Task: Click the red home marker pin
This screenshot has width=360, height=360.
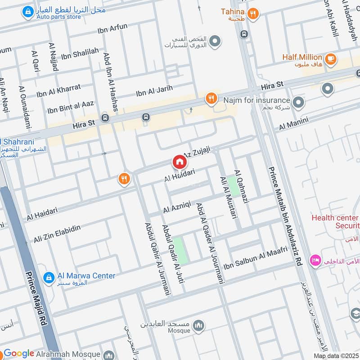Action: pos(179,162)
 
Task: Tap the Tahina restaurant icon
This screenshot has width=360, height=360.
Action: pos(252,14)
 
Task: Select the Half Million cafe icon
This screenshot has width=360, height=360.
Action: pos(330,59)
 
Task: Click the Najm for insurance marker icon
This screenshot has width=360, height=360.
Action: pos(298,103)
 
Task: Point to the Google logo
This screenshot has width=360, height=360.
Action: pos(19,354)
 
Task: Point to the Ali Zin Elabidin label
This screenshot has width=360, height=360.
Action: pos(57,233)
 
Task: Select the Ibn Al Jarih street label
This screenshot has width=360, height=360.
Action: pos(154,91)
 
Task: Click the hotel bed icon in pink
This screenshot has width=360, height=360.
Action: pos(314,260)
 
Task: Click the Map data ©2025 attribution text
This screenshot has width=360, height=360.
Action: pos(336,355)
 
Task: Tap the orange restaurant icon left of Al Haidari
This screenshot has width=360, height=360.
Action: pos(124,179)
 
